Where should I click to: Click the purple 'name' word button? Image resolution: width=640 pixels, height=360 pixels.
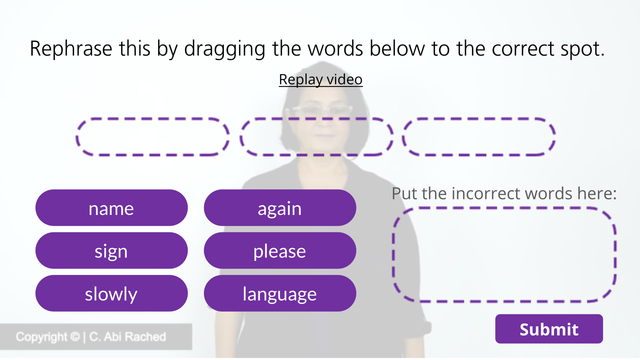tap(112, 207)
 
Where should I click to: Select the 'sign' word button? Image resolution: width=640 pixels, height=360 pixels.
tap(112, 250)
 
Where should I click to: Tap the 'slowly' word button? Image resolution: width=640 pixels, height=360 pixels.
tap(112, 293)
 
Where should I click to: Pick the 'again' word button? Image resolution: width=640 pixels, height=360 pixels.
tap(280, 207)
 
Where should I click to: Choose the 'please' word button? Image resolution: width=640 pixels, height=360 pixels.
tap(280, 250)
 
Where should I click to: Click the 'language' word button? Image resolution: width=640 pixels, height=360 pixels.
tap(280, 293)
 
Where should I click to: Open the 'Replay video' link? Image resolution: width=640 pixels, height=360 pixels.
tap(321, 79)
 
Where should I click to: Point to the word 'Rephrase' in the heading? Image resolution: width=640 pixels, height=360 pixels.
tap(71, 49)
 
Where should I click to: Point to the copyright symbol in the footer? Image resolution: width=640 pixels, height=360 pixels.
tap(75, 337)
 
